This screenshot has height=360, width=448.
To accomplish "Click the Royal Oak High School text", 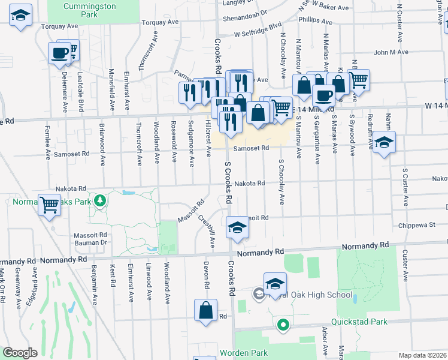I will pyautogui.click(x=312, y=295).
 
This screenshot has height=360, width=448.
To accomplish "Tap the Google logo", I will pyautogui.click(x=20, y=353).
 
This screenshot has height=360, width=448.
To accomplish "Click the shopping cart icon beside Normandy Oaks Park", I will pyautogui.click(x=49, y=205).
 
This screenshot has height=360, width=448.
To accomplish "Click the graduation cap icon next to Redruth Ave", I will pyautogui.click(x=385, y=142).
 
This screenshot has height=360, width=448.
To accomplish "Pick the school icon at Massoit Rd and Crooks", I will pyautogui.click(x=237, y=228).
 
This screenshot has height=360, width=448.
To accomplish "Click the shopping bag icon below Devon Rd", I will pyautogui.click(x=205, y=311).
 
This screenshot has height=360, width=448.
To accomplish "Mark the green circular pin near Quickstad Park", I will pyautogui.click(x=283, y=326).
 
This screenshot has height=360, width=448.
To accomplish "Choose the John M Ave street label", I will pyautogui.click(x=391, y=52).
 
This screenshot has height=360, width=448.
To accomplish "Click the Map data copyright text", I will pyautogui.click(x=422, y=355).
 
